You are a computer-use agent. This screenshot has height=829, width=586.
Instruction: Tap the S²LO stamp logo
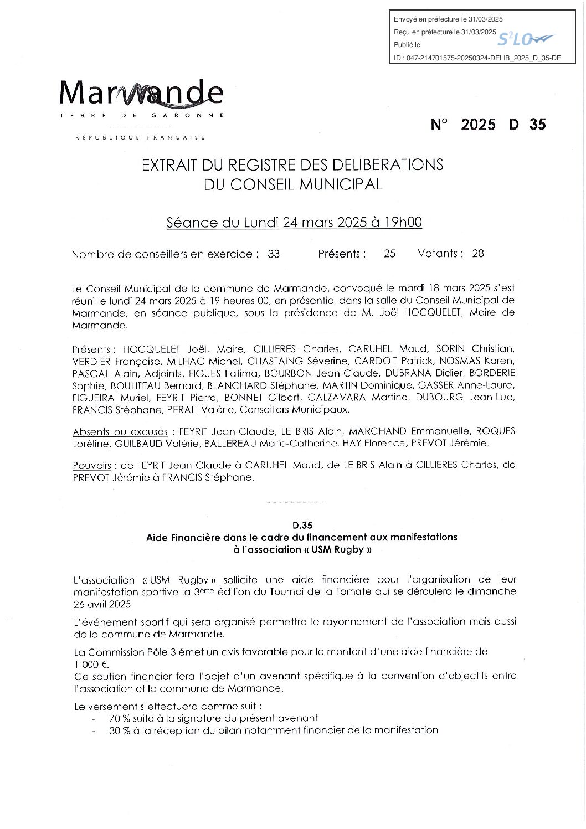[x=524, y=39]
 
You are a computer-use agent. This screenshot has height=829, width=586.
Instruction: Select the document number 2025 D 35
[x=488, y=124]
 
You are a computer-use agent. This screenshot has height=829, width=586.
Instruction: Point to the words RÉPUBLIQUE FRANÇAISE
[x=140, y=137]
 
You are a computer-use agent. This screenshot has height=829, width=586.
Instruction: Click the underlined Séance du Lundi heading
[x=294, y=223]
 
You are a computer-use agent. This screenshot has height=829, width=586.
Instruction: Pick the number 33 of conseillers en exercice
[x=274, y=254]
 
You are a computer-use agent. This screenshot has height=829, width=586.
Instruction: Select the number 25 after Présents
[x=389, y=254]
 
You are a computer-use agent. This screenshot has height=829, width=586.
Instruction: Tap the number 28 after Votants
[x=478, y=254]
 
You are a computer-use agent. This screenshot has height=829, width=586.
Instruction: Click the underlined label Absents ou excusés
[x=120, y=431]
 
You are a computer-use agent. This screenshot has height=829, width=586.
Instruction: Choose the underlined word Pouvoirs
[x=91, y=466]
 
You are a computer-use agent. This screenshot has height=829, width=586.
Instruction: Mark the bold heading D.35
[x=302, y=525]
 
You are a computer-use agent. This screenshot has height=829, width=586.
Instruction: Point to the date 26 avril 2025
[x=101, y=604]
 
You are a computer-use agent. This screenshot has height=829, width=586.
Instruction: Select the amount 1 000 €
[x=91, y=664]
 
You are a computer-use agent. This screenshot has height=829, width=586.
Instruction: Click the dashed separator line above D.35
[x=295, y=502]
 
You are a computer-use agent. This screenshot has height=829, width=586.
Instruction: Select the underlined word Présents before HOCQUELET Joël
[x=91, y=350]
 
